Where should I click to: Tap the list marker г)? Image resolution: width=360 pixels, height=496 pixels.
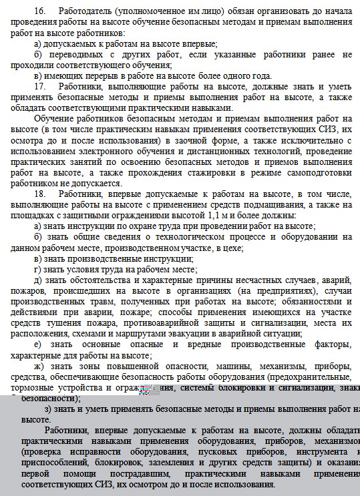point(37,269)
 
